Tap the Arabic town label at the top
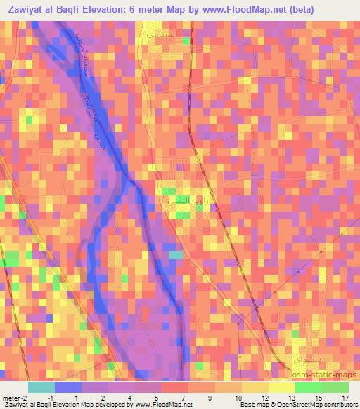pos(163,34)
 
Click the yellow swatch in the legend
pos(282,387)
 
